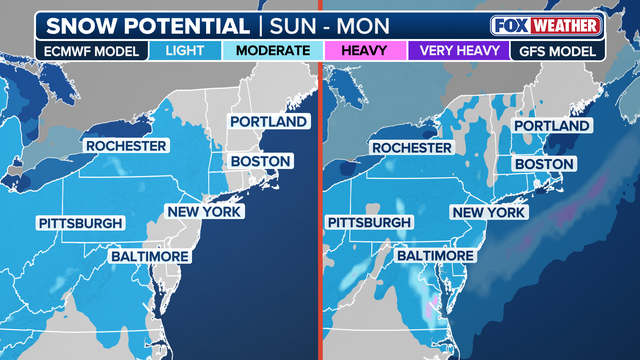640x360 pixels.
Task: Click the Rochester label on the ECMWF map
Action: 125,146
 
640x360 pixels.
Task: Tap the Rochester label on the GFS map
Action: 412,148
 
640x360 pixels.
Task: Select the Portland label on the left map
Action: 268,121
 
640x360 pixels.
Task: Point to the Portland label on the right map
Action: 552,126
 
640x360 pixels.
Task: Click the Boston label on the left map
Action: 260,160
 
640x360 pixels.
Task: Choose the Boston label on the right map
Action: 543,164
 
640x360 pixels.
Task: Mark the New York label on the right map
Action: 488,212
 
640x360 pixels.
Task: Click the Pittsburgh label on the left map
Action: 81,222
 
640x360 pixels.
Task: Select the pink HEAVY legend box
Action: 364,49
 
